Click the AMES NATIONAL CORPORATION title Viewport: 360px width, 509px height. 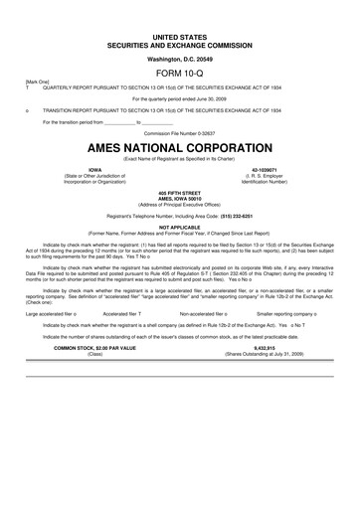coord(179,145)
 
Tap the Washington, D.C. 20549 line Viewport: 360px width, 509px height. coord(179,60)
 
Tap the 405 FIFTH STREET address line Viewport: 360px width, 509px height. coord(179,191)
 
